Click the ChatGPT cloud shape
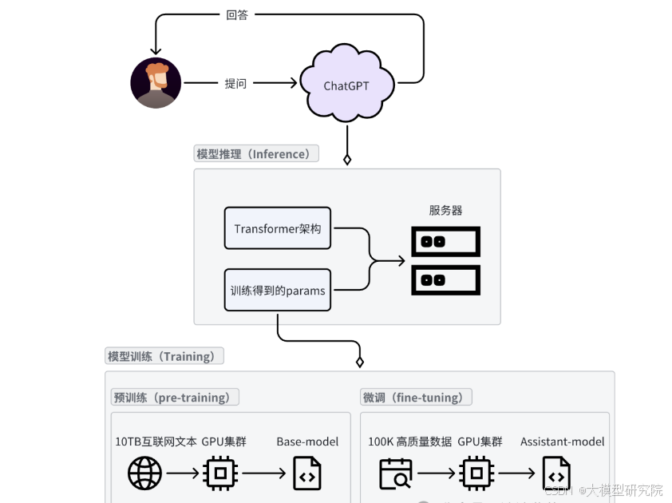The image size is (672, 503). (346, 85)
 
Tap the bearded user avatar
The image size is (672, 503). (156, 83)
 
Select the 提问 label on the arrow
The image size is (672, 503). (235, 83)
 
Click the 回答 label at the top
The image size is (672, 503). (237, 14)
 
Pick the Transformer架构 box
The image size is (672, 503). (278, 229)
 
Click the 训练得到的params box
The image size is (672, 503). (278, 291)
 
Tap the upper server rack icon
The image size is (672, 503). (445, 241)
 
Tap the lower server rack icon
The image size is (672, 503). (445, 279)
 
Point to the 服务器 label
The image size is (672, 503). (445, 210)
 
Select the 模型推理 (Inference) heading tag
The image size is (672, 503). (256, 153)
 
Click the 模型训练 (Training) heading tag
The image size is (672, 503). (164, 356)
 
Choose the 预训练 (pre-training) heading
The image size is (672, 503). (175, 397)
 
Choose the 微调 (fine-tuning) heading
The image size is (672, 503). (416, 397)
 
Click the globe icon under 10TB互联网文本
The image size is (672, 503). (144, 473)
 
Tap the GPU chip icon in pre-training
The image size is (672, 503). (220, 473)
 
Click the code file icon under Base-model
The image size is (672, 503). (307, 473)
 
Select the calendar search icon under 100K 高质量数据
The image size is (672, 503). (395, 473)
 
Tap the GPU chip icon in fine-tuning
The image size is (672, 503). (476, 473)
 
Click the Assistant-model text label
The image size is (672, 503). (562, 442)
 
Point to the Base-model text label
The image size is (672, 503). (307, 442)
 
